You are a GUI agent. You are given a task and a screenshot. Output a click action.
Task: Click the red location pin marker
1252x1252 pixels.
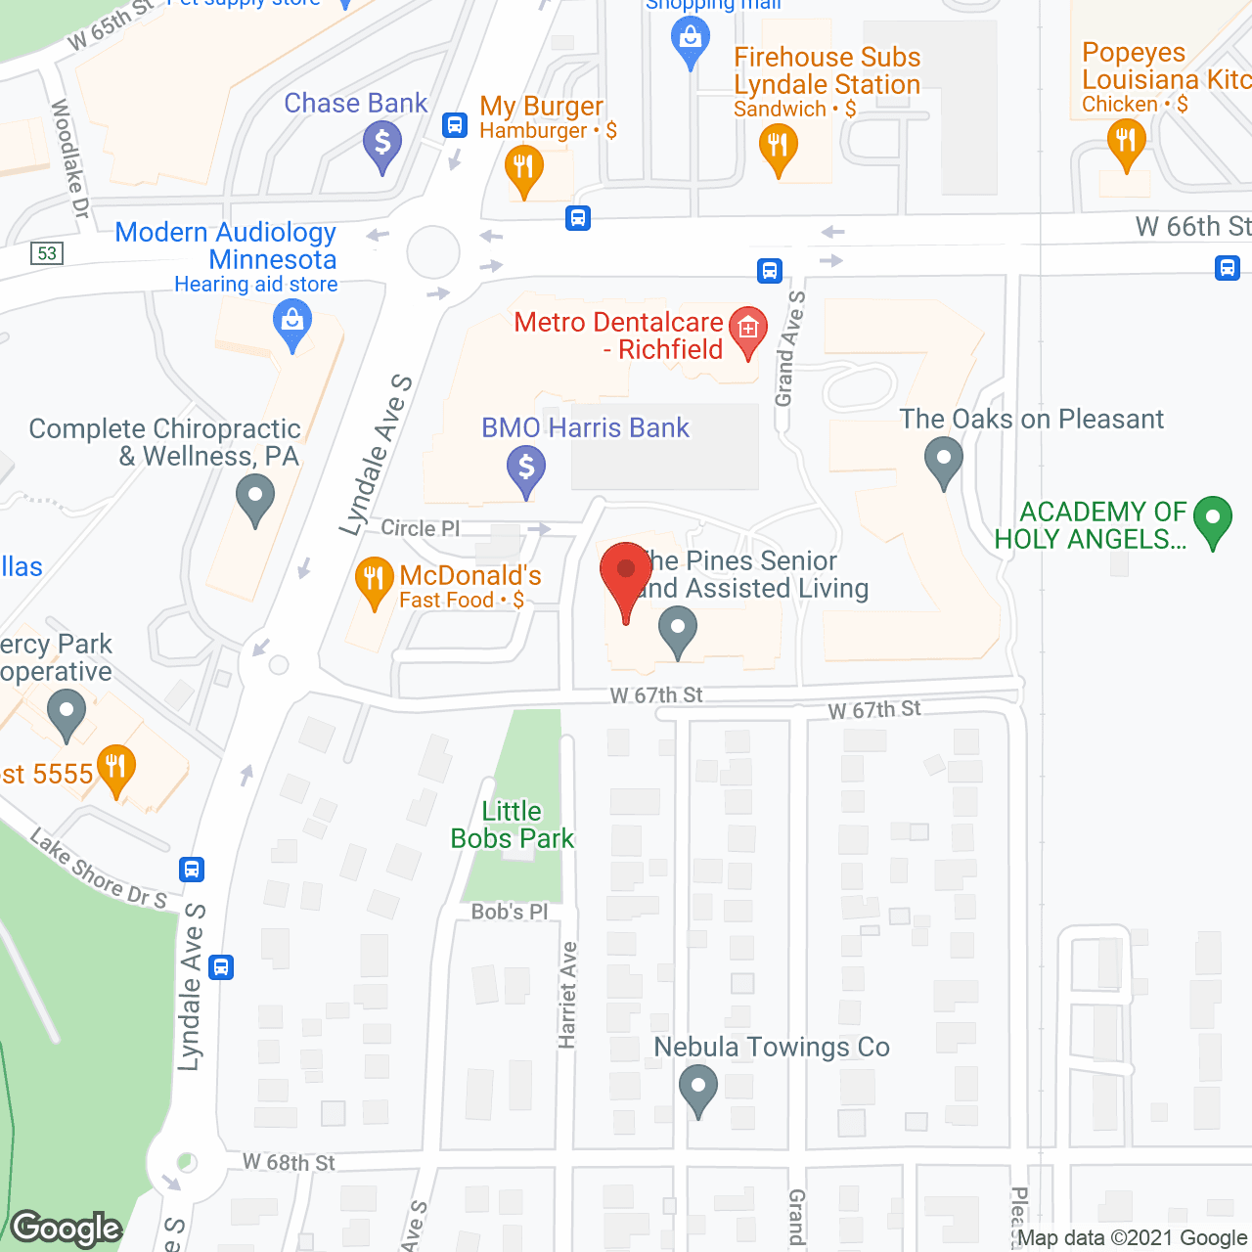point(626,577)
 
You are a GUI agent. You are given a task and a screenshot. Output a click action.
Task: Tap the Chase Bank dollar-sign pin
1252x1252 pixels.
point(382,145)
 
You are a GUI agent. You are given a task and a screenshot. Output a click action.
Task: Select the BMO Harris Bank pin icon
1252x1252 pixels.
point(526,469)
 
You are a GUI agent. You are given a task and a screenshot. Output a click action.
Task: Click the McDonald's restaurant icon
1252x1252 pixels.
point(374,581)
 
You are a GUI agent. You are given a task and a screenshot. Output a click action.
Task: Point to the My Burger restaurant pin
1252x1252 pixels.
point(524,168)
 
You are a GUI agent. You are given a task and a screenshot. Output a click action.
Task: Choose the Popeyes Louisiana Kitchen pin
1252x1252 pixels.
point(1127,143)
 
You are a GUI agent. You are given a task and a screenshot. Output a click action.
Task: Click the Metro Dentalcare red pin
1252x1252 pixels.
point(748,330)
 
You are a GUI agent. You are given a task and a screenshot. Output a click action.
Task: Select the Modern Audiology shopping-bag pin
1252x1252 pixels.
point(291,323)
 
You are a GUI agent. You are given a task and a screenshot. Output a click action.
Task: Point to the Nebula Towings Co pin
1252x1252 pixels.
point(698,1088)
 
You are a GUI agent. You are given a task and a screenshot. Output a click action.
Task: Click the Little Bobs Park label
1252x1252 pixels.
point(512,825)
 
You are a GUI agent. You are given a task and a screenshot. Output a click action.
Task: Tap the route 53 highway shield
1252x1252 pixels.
point(47,253)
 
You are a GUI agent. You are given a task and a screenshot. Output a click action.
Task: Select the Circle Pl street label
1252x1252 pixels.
point(421,528)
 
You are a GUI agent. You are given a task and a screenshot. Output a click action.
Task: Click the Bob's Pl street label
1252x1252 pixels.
point(510,912)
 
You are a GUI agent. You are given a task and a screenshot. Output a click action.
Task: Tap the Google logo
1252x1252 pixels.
point(67,1229)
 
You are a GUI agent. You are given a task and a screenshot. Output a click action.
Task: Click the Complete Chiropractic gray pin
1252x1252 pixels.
point(255,498)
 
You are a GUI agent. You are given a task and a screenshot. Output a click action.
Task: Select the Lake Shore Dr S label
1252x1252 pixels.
point(99,870)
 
